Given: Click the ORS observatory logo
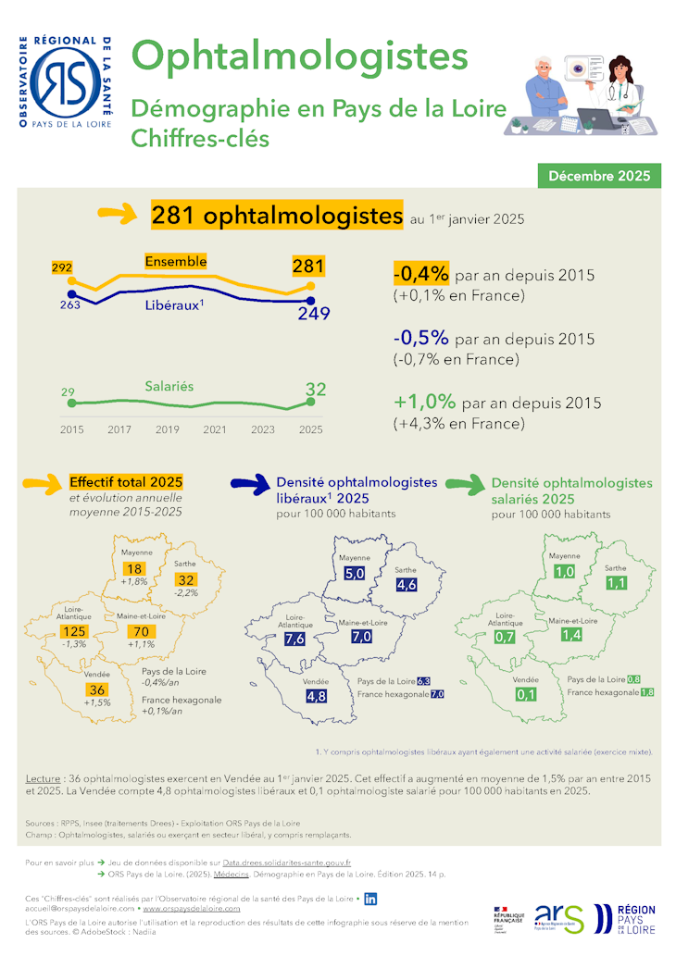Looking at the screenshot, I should (66, 81).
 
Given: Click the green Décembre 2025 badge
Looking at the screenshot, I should (599, 175).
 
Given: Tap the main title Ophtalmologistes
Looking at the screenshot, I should (299, 56).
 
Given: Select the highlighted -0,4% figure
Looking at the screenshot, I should (421, 275).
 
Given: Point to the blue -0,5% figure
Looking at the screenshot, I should (421, 339).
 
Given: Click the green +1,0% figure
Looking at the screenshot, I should (424, 403).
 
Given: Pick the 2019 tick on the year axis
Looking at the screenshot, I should (167, 429).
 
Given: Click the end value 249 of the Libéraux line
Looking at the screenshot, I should (313, 315).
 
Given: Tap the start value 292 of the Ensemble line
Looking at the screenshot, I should (62, 268).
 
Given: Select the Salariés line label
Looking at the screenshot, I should (169, 386).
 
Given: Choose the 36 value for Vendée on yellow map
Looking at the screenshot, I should (97, 690).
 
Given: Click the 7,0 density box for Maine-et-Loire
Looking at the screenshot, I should (362, 638).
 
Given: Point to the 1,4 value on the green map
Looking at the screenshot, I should (571, 635).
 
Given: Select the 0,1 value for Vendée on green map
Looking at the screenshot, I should (527, 695).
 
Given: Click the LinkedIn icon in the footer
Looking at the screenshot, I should (370, 898).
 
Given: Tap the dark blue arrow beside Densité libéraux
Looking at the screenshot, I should (249, 483).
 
